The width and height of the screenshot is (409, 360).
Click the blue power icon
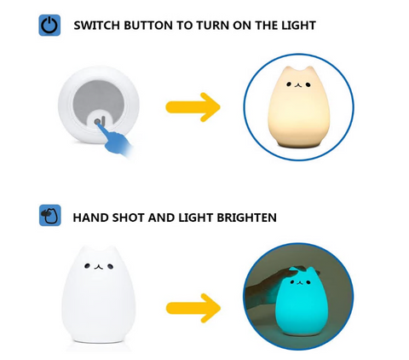(49, 25)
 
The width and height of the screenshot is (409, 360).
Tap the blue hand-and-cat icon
(50, 215)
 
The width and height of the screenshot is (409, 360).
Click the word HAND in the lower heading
(90, 218)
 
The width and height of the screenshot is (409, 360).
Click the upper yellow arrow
(193, 107)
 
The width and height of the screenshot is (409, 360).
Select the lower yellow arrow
(193, 308)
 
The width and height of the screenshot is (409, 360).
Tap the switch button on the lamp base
(98, 122)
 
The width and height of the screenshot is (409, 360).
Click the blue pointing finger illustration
(117, 141)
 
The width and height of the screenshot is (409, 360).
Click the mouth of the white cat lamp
(98, 266)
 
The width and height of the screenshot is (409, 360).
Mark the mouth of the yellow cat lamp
(298, 84)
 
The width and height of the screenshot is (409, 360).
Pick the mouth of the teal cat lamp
(299, 282)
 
